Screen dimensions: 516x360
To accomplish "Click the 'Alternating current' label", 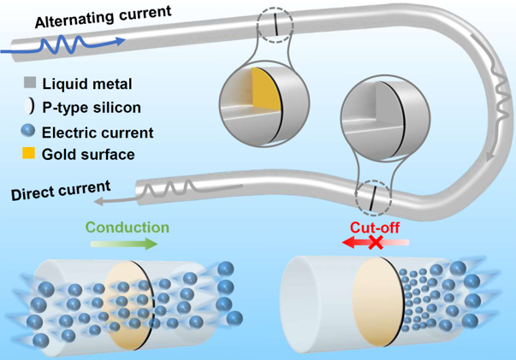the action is pyautogui.click(x=103, y=17).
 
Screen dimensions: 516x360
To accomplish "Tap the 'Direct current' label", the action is pyautogui.click(x=61, y=191).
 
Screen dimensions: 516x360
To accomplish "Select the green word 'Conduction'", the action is pyautogui.click(x=128, y=227).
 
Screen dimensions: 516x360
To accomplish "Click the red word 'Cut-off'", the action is pyautogui.click(x=375, y=227).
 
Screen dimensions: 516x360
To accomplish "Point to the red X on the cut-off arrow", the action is pyautogui.click(x=375, y=242).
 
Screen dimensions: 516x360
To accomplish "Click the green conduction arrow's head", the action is pyautogui.click(x=151, y=244).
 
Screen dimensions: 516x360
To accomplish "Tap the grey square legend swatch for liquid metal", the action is pyautogui.click(x=30, y=82).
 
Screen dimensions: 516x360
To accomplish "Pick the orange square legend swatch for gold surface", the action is pyautogui.click(x=28, y=153).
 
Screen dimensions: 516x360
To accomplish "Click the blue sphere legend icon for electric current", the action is pyautogui.click(x=27, y=131).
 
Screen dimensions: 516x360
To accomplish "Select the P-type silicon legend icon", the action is pyautogui.click(x=29, y=107).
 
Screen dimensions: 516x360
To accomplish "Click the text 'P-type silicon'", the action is pyautogui.click(x=92, y=108).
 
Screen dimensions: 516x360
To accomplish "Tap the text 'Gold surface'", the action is pyautogui.click(x=88, y=154).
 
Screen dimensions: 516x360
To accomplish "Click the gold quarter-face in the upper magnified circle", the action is pyautogui.click(x=265, y=90).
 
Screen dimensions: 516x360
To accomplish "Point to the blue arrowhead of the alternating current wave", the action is pyautogui.click(x=121, y=41).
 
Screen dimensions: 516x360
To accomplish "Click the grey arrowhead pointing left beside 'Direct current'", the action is pyautogui.click(x=99, y=201).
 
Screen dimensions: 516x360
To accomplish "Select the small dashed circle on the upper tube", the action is pyautogui.click(x=275, y=25).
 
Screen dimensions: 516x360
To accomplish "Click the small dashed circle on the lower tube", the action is pyautogui.click(x=373, y=198).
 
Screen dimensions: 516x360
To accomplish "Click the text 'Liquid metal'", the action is pyautogui.click(x=87, y=84).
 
